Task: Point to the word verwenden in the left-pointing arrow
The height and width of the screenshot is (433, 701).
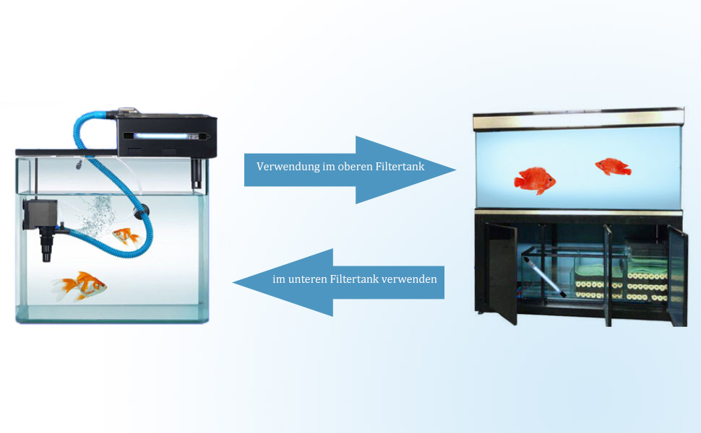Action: click(x=412, y=279)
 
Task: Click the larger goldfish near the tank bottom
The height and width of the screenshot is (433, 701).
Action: click(x=81, y=285)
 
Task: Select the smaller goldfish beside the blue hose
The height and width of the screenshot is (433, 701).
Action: click(x=126, y=236)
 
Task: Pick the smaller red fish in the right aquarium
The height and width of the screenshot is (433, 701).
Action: click(x=613, y=167)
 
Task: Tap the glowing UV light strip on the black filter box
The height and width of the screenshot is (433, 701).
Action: click(x=163, y=135)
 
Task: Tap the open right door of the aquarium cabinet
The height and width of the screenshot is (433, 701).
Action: click(x=676, y=274)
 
